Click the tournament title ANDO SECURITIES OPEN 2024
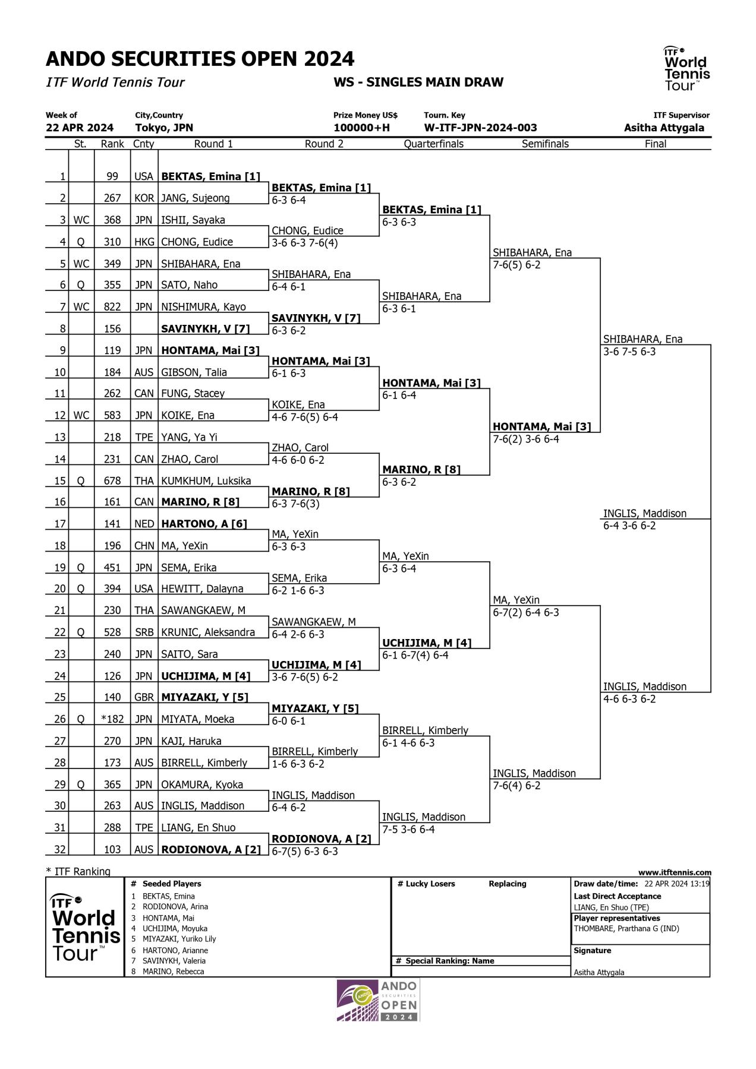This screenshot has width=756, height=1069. (200, 59)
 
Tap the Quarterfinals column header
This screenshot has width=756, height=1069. (433, 144)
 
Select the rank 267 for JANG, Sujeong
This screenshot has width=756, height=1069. (112, 198)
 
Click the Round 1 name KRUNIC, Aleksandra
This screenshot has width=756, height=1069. (208, 632)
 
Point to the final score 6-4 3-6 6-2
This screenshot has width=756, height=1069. (629, 526)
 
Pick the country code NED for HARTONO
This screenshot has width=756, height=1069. (144, 524)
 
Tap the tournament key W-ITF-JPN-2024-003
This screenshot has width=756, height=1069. (480, 128)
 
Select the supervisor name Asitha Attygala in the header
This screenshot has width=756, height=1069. (664, 128)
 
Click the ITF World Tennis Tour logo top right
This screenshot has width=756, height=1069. (686, 69)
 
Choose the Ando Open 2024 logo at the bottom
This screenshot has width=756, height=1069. (378, 1001)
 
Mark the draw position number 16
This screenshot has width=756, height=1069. (60, 502)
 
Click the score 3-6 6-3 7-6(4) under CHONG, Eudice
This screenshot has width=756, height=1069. (305, 243)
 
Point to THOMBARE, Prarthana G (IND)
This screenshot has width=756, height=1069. (626, 929)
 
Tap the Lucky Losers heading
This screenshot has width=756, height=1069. (426, 884)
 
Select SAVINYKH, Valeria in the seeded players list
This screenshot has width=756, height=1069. (174, 961)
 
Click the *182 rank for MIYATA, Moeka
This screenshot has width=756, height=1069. (112, 719)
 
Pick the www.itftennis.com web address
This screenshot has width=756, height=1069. (675, 872)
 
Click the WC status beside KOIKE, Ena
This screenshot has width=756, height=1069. (81, 416)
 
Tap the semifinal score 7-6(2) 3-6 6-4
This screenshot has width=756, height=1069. (525, 439)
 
